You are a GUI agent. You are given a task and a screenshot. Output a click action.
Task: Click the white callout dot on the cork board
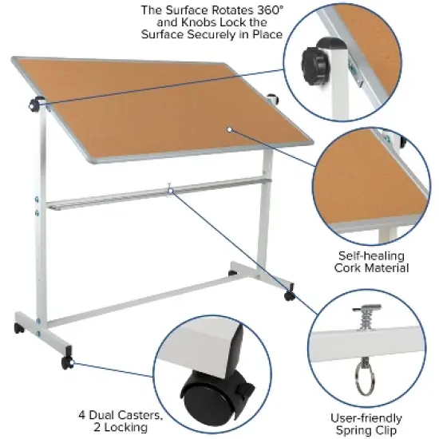(x=228, y=129)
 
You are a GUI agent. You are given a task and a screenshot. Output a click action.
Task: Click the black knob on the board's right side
(x=274, y=101)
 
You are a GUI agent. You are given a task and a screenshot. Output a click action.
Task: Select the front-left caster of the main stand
(x=69, y=363)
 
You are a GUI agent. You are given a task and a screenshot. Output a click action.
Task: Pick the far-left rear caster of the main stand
(x=18, y=329)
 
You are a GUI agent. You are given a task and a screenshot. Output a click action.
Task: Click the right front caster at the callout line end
(x=289, y=296)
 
